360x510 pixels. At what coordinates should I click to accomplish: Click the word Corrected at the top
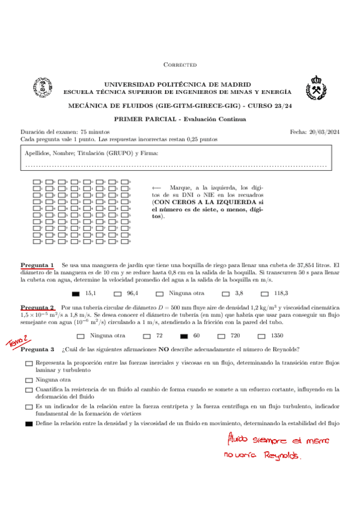click(x=180, y=65)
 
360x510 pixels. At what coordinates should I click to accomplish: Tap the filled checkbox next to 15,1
click(x=76, y=293)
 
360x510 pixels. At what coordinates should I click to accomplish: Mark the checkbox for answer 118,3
click(x=265, y=293)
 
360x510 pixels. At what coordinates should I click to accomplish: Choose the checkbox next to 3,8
click(x=225, y=293)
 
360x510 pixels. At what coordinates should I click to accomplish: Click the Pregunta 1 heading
click(x=37, y=265)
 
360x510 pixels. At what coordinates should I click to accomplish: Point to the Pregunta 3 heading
click(x=37, y=349)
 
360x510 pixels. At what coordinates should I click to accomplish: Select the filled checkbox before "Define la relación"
click(x=29, y=424)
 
